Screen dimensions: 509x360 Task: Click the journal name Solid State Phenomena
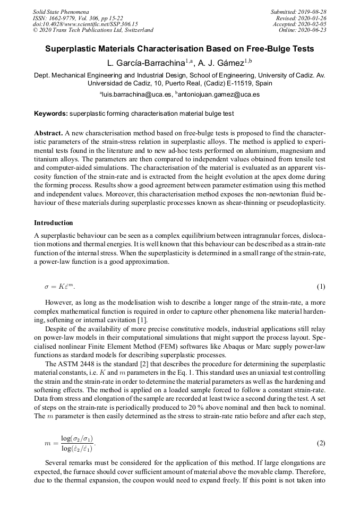coord(61,12)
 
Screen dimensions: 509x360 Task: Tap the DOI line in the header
coord(85,24)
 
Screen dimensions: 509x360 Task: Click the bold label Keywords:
coord(51,114)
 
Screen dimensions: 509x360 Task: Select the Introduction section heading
coord(54,223)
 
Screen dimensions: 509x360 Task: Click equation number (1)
coord(321,287)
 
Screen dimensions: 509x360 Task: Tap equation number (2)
coord(321,443)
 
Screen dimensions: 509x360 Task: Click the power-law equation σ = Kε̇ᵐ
coord(59,287)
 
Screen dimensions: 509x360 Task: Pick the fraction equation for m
coord(70,443)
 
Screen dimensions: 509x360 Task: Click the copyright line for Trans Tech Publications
coord(93,30)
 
